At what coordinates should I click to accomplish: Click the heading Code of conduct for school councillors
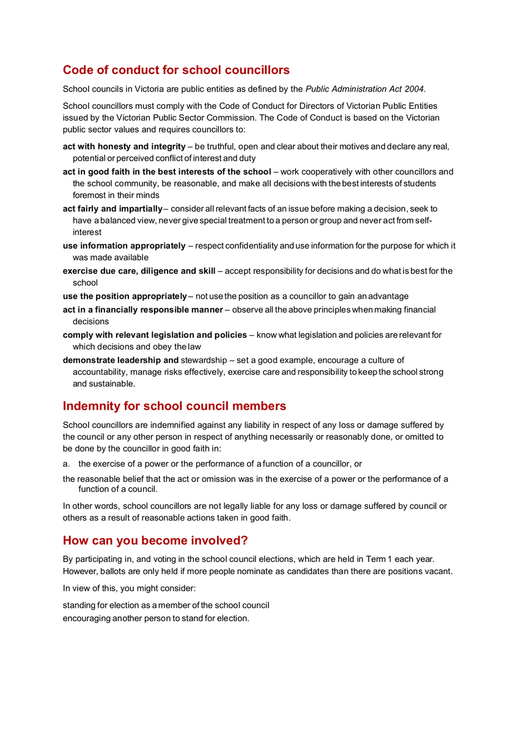tap(176, 70)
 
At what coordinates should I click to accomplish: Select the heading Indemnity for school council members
tap(174, 406)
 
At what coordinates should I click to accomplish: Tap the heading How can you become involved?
tap(155, 541)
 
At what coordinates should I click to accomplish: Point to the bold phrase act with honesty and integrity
tap(124, 147)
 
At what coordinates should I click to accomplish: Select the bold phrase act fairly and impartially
tap(113, 209)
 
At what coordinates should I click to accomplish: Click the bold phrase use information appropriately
tap(124, 246)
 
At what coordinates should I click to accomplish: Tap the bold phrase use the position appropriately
tap(125, 296)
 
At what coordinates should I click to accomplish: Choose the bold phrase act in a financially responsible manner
tap(143, 310)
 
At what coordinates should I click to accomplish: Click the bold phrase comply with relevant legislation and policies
tap(155, 335)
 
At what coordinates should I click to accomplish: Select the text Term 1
tap(379, 559)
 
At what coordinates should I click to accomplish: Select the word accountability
tap(101, 372)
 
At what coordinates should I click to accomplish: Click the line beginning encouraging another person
tap(156, 618)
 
